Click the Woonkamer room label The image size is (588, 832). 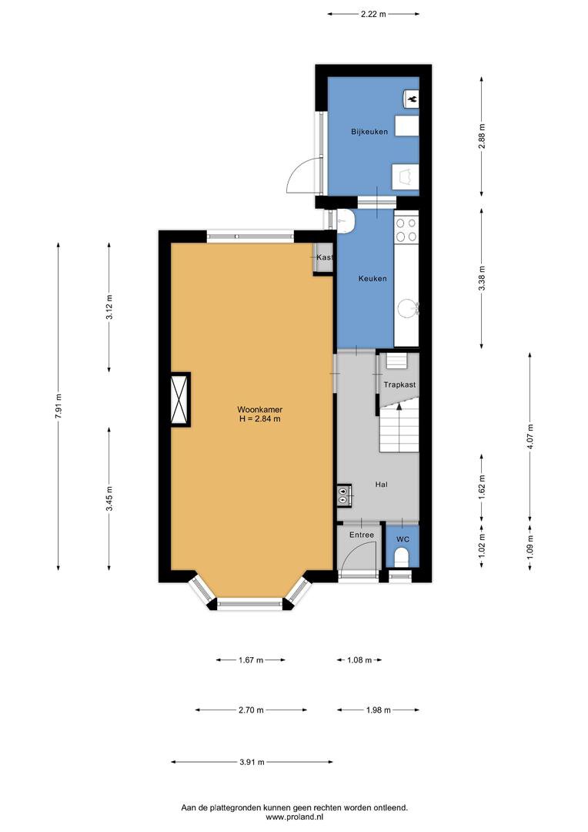click(x=260, y=410)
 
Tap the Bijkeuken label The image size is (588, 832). click(x=369, y=132)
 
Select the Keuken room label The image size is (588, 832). click(x=373, y=279)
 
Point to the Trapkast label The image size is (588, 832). click(x=399, y=384)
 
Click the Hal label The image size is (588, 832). click(x=381, y=485)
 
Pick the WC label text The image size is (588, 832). click(x=403, y=539)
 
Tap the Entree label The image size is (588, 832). click(x=362, y=535)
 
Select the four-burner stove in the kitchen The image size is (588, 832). click(x=406, y=230)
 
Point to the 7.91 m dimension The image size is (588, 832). click(x=58, y=407)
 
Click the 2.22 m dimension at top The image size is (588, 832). click(x=373, y=15)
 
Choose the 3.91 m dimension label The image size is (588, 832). click(x=252, y=762)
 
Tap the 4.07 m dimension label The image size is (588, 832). click(x=531, y=437)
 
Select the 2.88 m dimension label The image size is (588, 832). click(x=482, y=136)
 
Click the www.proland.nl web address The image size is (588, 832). click(x=295, y=817)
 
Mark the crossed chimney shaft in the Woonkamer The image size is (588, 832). click(x=180, y=399)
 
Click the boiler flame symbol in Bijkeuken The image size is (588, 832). click(x=412, y=99)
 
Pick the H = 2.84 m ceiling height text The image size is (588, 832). click(x=260, y=418)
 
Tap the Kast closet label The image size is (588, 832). click(x=324, y=257)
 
